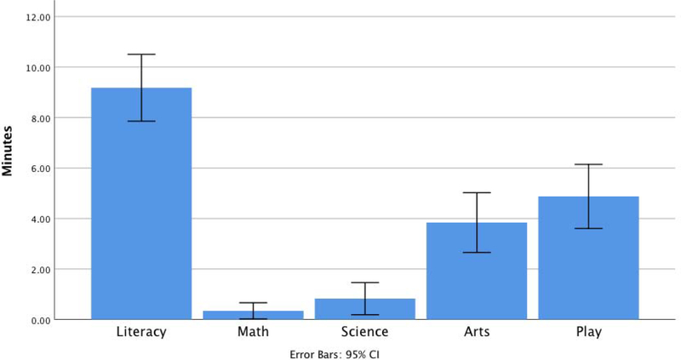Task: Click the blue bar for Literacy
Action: tap(141, 204)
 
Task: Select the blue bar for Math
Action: tap(253, 315)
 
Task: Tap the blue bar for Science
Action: tap(365, 309)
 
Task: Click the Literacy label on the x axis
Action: tap(141, 331)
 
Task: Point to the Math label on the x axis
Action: tap(253, 331)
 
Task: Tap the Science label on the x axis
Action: tap(365, 331)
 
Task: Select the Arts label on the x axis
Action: tap(477, 331)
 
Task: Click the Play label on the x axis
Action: tap(588, 331)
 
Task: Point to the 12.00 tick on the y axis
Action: tap(40, 17)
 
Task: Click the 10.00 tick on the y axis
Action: tap(40, 67)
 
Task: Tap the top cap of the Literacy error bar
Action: tap(141, 54)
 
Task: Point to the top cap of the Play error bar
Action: tap(588, 164)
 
